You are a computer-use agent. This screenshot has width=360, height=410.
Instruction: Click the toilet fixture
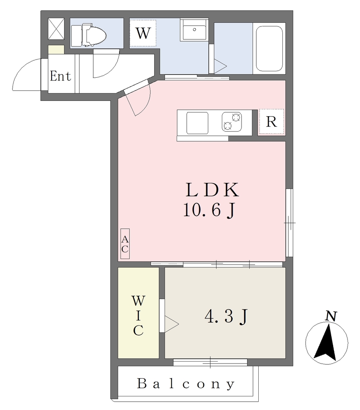89,35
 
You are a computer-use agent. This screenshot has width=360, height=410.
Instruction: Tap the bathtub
269,48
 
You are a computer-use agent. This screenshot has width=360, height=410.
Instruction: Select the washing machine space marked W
143,33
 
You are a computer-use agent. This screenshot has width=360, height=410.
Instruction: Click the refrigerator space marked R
272,122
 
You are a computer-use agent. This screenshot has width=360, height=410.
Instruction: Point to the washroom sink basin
194,30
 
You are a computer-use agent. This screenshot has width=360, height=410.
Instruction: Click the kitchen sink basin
197,123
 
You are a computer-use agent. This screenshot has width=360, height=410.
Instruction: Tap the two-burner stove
232,122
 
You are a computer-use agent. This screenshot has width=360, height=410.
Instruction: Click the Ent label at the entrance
60,76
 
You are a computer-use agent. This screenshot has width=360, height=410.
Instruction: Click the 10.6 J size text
209,210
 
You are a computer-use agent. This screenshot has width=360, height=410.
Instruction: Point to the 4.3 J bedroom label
226,316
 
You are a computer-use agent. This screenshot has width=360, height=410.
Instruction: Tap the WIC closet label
138,316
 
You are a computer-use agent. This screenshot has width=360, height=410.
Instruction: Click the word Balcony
186,384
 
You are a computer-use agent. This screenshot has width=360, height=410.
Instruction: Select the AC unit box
125,244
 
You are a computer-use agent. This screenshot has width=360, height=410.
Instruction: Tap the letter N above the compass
331,316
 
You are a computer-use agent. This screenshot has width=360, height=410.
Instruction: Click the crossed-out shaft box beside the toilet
56,29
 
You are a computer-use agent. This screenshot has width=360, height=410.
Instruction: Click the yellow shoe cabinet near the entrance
56,49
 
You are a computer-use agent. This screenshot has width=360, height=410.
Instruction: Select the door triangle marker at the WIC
171,324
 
